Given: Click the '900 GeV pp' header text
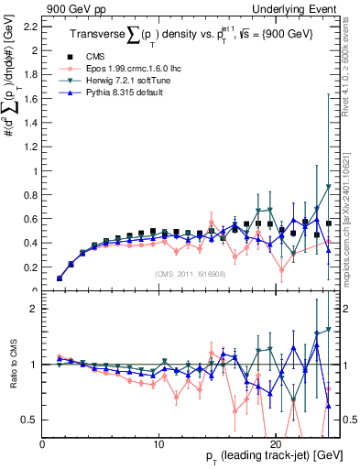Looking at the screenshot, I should tap(76, 7).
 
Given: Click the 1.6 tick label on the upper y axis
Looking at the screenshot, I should tap(33, 99).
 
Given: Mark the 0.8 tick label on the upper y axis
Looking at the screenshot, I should tap(33, 195).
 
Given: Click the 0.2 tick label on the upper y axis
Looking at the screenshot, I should tap(33, 267).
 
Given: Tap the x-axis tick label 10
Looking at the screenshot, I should tap(159, 443).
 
